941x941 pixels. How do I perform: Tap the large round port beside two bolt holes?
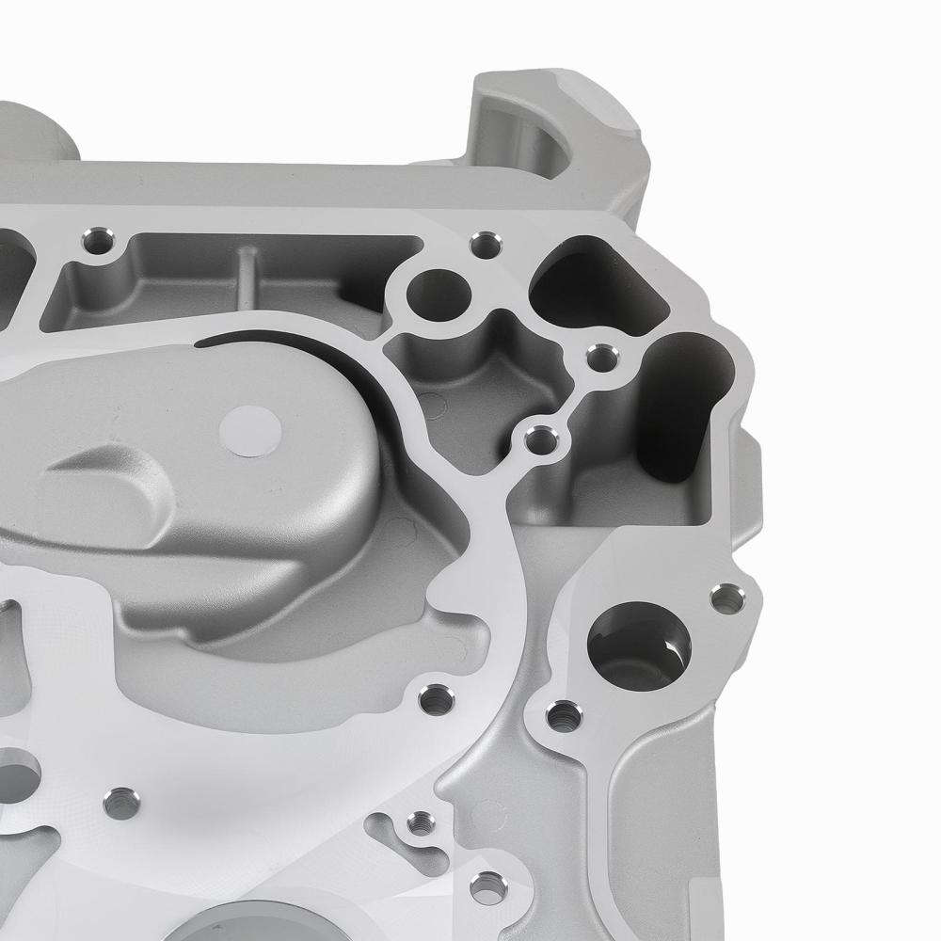coord(639,645)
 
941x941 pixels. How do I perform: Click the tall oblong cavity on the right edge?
coord(683,405)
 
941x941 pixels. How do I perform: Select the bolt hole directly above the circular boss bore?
coord(486,244)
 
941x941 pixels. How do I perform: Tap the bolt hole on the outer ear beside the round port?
coord(726,597)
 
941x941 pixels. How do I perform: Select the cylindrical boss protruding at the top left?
coord(38,132)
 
